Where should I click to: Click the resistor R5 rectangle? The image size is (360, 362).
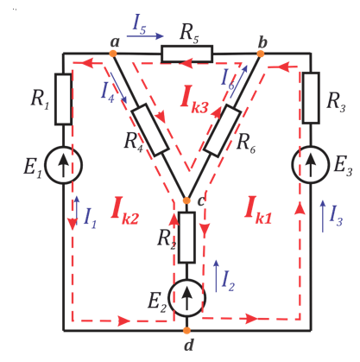(x=187, y=54)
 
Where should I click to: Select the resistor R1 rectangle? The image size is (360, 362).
(x=63, y=99)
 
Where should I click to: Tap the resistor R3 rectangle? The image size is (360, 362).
(x=311, y=98)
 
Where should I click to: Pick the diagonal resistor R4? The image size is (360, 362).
(x=150, y=130)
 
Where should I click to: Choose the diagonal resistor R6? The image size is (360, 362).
(x=222, y=131)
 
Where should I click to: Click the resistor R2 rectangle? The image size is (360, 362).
(x=186, y=238)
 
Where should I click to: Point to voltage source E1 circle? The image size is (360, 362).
(x=64, y=165)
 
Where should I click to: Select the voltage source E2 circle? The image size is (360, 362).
(x=187, y=298)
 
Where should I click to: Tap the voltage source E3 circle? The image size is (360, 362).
(x=311, y=164)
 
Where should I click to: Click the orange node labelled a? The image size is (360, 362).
(x=113, y=54)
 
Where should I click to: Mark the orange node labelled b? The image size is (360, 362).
(x=261, y=54)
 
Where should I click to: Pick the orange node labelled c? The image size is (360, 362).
(x=186, y=200)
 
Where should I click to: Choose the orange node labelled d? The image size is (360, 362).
(x=187, y=331)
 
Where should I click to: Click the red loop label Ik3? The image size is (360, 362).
(x=194, y=99)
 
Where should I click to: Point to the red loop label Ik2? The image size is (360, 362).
(x=124, y=211)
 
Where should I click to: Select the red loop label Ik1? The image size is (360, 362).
(x=258, y=210)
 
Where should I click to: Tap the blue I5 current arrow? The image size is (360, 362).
(x=145, y=36)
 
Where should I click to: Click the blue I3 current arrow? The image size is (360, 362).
(x=323, y=216)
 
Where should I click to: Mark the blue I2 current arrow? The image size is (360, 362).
(x=217, y=276)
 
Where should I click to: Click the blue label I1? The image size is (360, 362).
(x=90, y=218)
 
